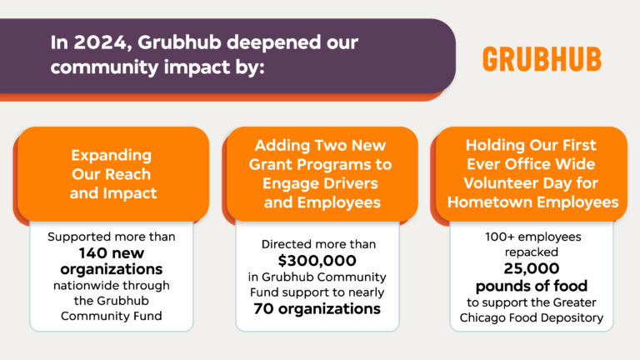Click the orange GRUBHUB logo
(542, 59)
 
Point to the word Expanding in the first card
(111, 156)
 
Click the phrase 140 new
(111, 252)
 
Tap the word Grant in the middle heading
(272, 165)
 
